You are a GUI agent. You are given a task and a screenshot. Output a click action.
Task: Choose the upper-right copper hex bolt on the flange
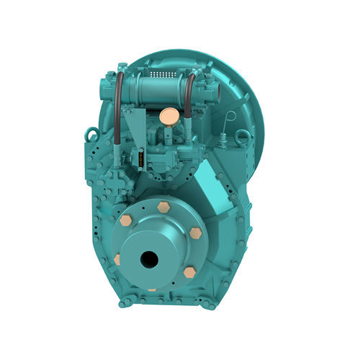coord(196,233)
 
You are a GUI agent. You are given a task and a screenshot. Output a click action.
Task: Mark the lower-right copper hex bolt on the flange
coord(189,272)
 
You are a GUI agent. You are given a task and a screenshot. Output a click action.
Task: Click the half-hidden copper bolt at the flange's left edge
coord(117,258)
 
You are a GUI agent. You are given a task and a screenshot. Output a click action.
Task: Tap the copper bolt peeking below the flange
coord(152,290)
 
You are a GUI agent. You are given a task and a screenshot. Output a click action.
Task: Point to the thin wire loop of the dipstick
coord(230,118)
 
